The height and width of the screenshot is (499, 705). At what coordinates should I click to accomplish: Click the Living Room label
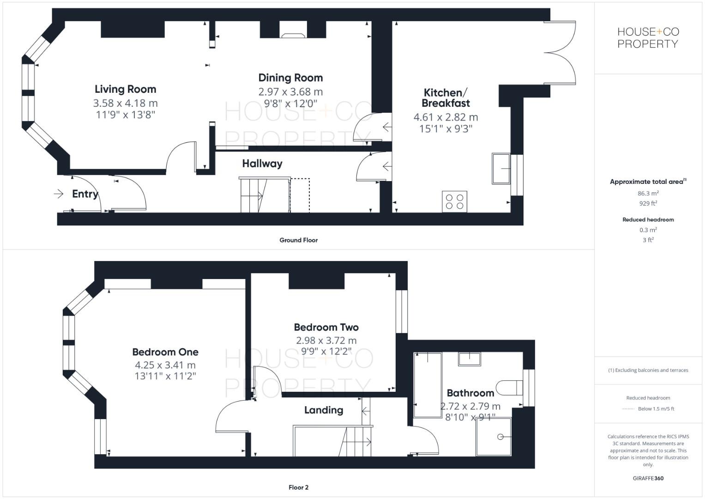125,89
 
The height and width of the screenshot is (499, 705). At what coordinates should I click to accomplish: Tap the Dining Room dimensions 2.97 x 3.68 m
290,92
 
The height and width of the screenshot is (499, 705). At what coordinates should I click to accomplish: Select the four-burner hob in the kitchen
454,201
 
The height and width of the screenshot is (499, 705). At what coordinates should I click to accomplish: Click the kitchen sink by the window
501,169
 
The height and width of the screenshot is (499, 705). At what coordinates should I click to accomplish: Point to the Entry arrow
59,194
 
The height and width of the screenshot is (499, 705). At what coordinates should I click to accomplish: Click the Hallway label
262,164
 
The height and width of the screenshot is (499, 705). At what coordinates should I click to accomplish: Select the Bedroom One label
165,352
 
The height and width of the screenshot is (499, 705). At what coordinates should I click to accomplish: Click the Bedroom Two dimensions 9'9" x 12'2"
326,352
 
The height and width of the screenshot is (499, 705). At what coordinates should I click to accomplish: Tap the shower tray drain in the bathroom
500,437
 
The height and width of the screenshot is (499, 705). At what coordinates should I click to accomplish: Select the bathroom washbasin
469,359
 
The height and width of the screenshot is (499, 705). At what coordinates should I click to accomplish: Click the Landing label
323,410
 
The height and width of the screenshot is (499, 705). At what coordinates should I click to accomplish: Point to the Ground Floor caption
298,240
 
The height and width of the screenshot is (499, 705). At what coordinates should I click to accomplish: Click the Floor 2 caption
298,487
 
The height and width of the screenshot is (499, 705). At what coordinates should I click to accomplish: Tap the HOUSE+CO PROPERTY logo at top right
648,38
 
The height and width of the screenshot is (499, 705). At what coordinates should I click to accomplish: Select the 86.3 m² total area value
648,194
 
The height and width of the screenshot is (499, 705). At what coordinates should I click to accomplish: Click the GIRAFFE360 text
648,478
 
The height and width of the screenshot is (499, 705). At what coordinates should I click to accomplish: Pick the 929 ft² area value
648,203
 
